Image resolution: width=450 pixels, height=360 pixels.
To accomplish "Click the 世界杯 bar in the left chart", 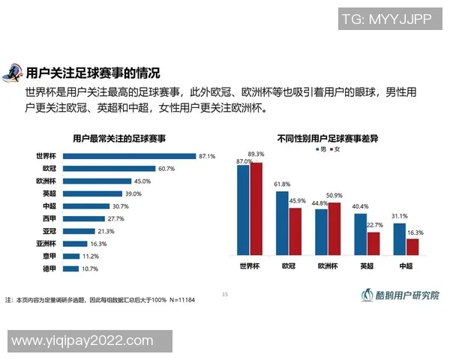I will coord(128,156).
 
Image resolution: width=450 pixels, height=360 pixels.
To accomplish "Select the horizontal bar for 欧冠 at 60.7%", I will coord(109,169).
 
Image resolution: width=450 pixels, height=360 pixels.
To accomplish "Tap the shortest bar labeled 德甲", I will coord(71,268).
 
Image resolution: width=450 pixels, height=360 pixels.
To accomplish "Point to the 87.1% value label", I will coord(207,156).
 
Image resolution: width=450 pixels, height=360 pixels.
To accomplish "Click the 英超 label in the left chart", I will coord(49,193).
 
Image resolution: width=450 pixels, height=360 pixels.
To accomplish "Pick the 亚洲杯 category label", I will coord(46,243).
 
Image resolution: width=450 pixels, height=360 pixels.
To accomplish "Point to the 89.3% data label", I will coord(257,155).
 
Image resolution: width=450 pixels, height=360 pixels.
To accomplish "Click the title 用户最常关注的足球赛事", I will coord(119,139).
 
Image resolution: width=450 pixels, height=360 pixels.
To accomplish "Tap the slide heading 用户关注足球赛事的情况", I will coord(93,73).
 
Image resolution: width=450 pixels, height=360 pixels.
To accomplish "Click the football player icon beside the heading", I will coord(13,73).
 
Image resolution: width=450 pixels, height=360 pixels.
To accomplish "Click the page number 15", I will coord(224,294).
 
